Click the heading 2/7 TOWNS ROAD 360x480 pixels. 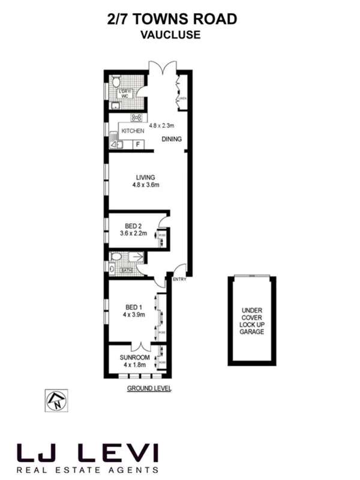click(170, 20)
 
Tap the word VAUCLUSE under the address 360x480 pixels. click(170, 35)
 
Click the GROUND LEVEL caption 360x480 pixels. click(149, 389)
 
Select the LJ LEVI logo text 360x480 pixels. click(88, 452)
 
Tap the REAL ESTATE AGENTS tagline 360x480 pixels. click(88, 470)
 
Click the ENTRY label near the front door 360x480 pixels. click(179, 280)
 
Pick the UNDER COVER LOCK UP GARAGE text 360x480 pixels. click(253, 320)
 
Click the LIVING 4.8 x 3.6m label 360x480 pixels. click(146, 181)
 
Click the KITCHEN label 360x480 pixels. click(133, 131)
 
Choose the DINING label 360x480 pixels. click(172, 139)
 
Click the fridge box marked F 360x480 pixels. click(137, 144)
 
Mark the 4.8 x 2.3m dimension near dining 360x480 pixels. click(162, 126)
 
